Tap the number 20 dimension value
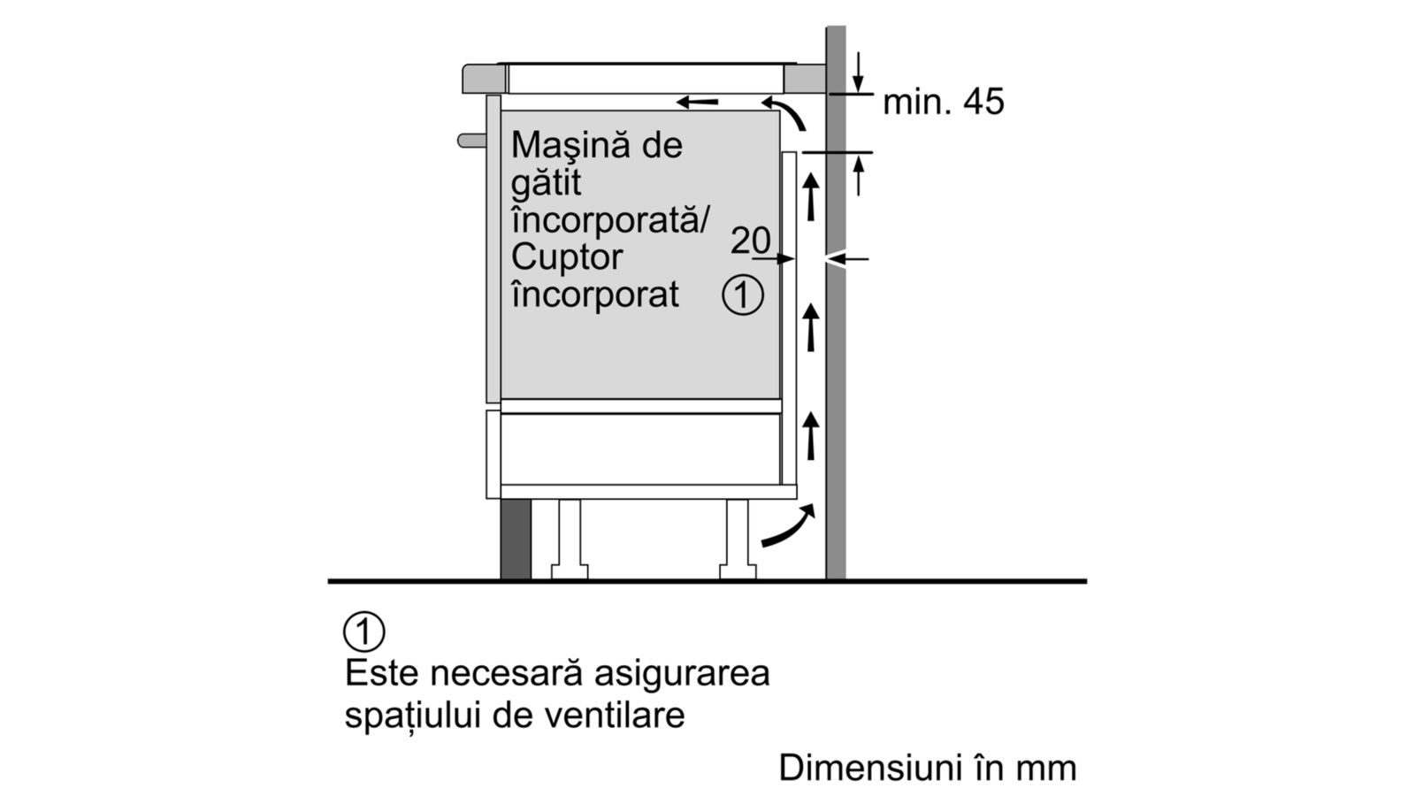pos(751,240)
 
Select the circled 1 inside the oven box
pos(743,295)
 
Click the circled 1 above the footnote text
pos(363,631)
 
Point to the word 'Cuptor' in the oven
pos(567,256)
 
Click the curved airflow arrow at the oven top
pos(785,111)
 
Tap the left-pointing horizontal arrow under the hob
pos(697,101)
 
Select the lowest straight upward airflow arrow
pos(811,435)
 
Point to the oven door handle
pos(471,141)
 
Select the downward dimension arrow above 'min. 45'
pos(858,72)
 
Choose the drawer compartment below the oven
pos(640,448)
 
